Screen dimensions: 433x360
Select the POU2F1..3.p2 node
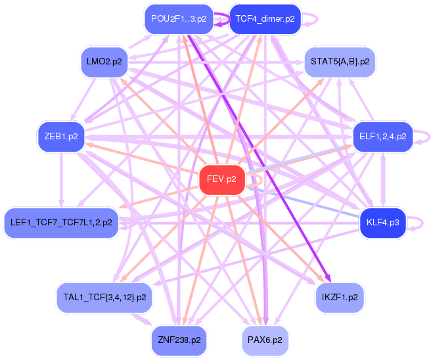click(x=179, y=18)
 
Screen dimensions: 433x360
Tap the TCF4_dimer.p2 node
click(x=265, y=18)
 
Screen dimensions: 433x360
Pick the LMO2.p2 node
click(x=104, y=62)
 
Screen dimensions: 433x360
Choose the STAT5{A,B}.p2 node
click(x=340, y=62)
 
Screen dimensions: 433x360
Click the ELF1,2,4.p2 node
click(x=383, y=137)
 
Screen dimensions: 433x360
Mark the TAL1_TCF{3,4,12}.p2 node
click(x=104, y=297)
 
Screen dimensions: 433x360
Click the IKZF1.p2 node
click(x=340, y=297)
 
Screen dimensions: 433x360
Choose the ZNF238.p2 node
click(x=179, y=340)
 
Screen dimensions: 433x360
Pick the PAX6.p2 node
click(x=265, y=340)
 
